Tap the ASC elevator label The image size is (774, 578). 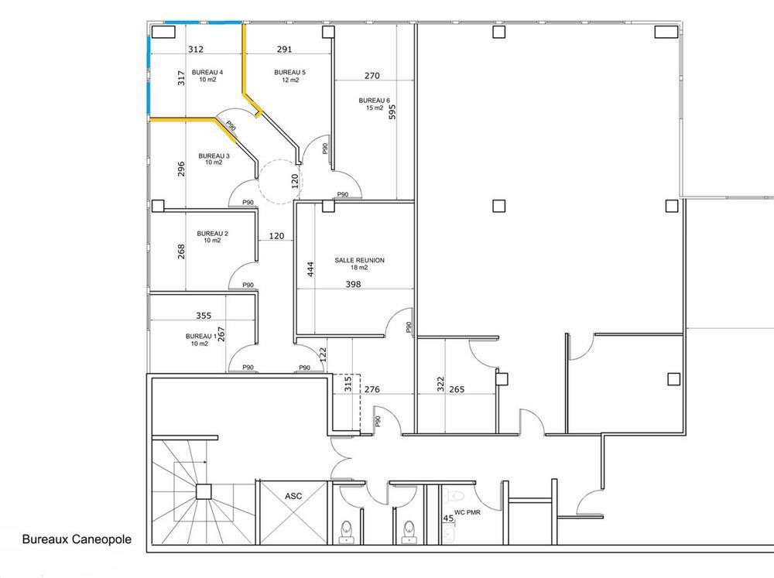[x=293, y=496]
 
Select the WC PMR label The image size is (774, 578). [x=467, y=512]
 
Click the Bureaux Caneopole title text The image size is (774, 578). [x=77, y=539]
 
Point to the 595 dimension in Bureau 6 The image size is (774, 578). [x=392, y=112]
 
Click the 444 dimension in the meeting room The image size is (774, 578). [x=310, y=269]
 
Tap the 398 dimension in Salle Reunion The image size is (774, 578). [x=354, y=284]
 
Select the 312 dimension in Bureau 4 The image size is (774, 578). [x=196, y=50]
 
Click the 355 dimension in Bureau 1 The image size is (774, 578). [x=204, y=316]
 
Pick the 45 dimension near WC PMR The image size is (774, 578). [x=448, y=518]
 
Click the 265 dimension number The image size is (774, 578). [x=457, y=389]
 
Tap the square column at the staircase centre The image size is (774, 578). [x=204, y=491]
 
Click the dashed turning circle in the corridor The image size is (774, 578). [x=280, y=181]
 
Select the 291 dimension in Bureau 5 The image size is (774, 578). [x=284, y=50]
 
